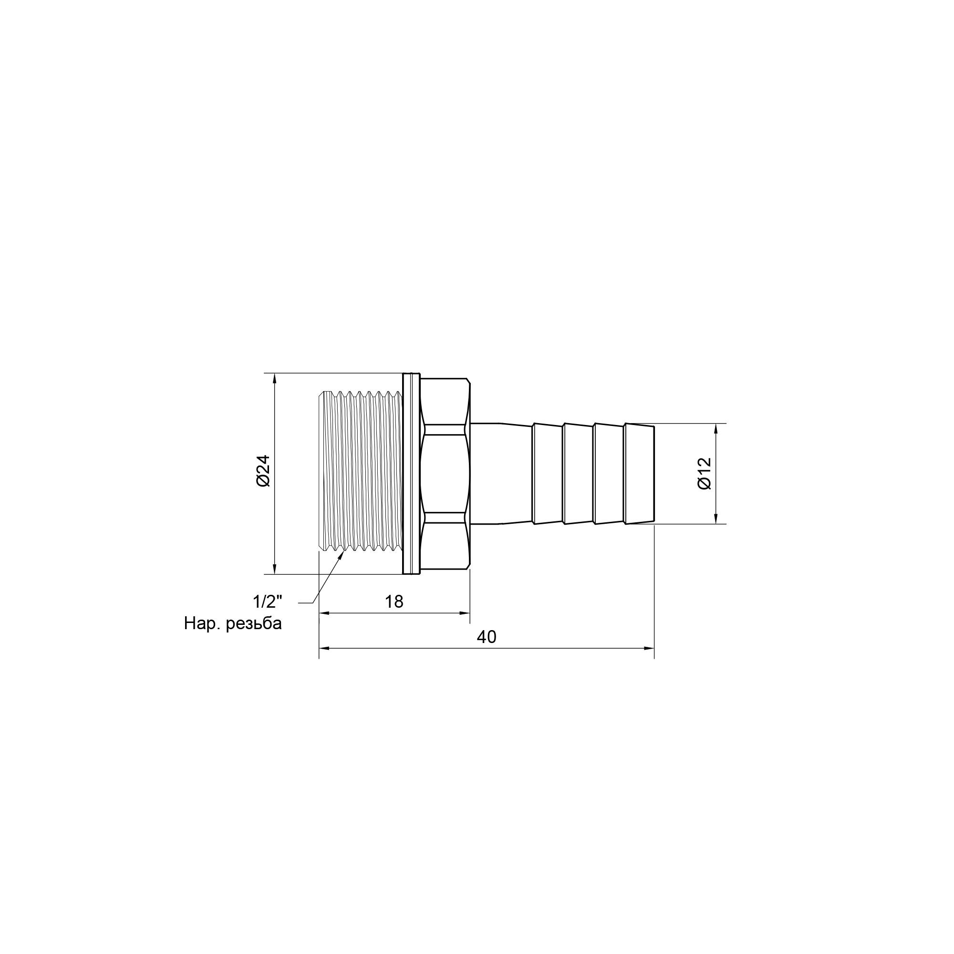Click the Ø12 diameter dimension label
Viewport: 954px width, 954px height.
[705, 473]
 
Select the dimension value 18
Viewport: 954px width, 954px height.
[394, 601]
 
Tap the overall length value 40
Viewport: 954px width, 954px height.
[487, 637]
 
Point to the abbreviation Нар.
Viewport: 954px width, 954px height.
[202, 623]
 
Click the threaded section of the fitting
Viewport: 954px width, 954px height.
[361, 473]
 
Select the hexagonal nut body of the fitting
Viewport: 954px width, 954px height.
[445, 473]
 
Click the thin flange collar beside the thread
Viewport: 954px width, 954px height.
[411, 474]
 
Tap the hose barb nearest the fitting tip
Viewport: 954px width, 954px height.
[640, 473]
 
